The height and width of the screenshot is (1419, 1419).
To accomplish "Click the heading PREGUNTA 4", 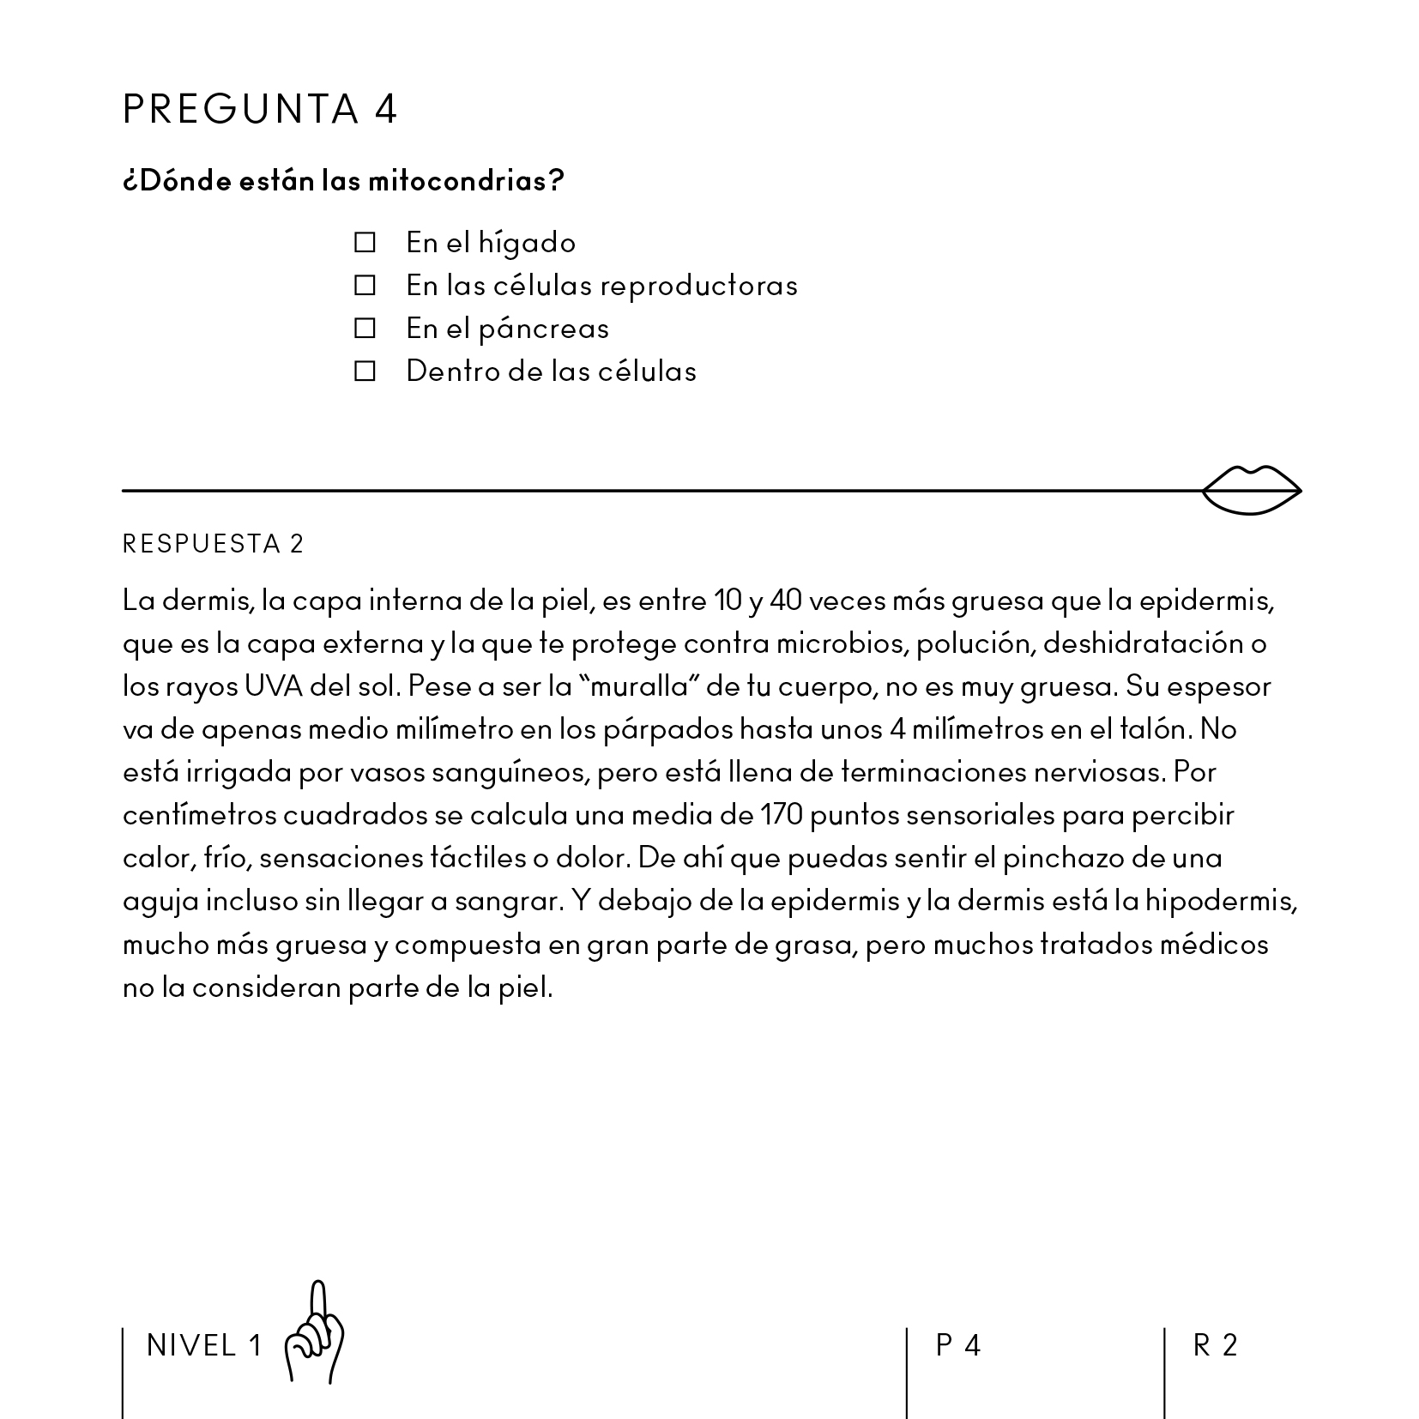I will coord(260,109).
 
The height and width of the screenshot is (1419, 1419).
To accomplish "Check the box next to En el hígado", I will coord(365,243).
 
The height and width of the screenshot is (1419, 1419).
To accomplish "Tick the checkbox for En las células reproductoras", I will coord(365,285).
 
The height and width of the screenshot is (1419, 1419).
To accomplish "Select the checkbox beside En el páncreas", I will coord(365,328).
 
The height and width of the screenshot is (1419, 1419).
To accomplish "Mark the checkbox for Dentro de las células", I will coord(365,371).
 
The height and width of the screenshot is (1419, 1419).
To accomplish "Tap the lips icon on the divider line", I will coord(1251,491).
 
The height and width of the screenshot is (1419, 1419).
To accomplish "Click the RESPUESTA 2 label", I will coord(214,544).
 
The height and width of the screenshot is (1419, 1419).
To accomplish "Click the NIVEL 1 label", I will coord(204,1345).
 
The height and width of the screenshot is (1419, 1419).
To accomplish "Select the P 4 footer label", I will coord(957,1345).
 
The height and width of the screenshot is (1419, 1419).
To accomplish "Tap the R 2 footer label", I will coord(1215,1345).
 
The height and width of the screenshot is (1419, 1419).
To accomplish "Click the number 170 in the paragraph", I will coord(781,815).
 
